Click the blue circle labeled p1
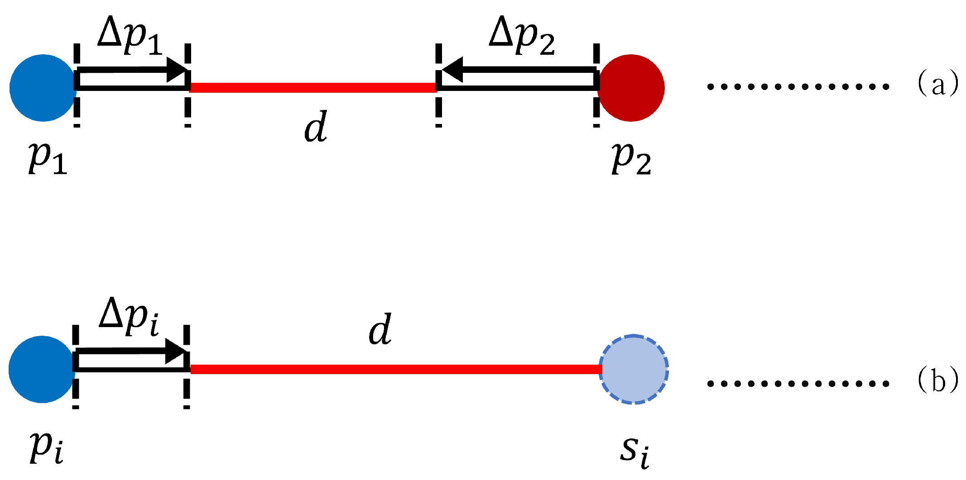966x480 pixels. click(43, 88)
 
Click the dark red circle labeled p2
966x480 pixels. click(631, 88)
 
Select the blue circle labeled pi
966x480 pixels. click(42, 370)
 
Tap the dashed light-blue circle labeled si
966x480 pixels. click(634, 370)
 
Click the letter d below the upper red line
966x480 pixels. click(316, 127)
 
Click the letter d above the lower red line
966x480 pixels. click(380, 330)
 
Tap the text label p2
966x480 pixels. click(631, 159)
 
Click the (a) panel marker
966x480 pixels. click(937, 84)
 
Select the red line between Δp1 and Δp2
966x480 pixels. click(312, 88)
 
